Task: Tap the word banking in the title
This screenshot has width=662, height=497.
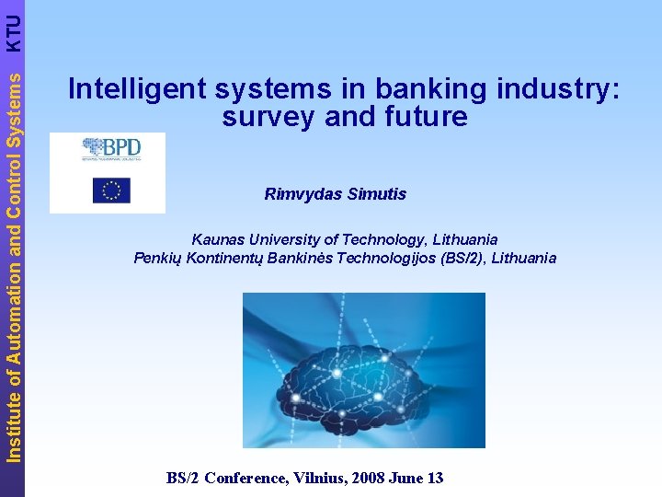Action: pyautogui.click(x=428, y=89)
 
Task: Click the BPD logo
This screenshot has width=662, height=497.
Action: pyautogui.click(x=108, y=149)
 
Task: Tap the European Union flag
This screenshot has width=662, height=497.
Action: pyautogui.click(x=111, y=191)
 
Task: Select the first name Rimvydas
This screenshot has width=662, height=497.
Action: pyautogui.click(x=300, y=194)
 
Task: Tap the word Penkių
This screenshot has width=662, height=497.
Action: pyautogui.click(x=157, y=258)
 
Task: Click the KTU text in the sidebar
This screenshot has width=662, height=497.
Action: pyautogui.click(x=13, y=30)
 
